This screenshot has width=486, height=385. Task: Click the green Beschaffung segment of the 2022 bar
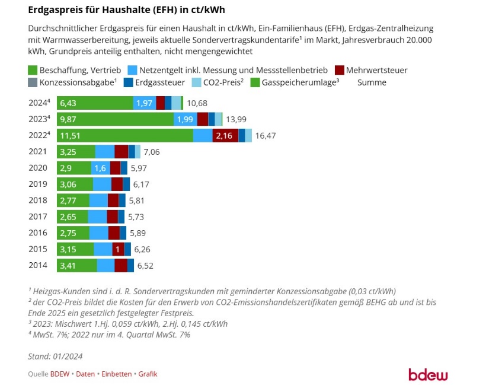point(124,135)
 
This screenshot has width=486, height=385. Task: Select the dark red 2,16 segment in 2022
point(225,135)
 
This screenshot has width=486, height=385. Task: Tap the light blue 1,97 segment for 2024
point(145,103)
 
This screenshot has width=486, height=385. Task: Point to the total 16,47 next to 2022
point(266,135)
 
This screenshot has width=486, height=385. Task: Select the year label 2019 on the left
point(39,184)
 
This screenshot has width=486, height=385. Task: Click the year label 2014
point(39,265)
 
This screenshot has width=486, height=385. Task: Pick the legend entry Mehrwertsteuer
point(377,70)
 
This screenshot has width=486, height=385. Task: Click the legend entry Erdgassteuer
point(163,82)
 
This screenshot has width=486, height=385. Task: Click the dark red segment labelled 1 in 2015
point(118,249)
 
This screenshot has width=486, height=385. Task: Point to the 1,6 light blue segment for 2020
point(100,168)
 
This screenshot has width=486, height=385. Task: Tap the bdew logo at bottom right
point(429,374)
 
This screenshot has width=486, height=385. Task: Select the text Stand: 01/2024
point(55,357)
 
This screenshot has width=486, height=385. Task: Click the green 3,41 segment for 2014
point(77,265)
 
